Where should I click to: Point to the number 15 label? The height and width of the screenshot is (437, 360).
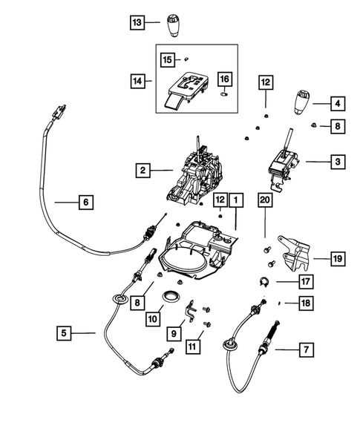pyautogui.click(x=168, y=58)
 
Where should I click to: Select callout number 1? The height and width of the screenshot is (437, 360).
pyautogui.click(x=235, y=200)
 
